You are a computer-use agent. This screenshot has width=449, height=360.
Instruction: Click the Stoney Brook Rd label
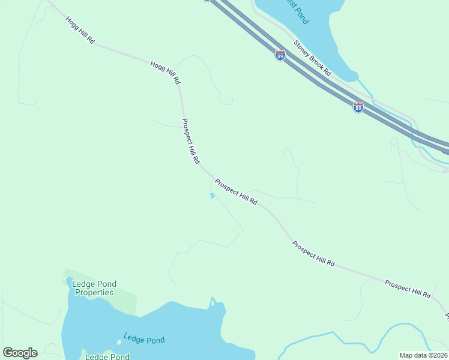click(x=312, y=58)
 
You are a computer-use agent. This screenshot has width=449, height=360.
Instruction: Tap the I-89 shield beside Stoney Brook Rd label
click(x=280, y=55)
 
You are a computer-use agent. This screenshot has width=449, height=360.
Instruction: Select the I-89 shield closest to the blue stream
click(x=358, y=107)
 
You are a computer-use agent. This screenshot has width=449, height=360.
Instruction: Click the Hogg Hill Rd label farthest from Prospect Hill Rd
click(x=80, y=30)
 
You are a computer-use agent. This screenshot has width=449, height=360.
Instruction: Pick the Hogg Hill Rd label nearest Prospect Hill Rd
click(x=166, y=72)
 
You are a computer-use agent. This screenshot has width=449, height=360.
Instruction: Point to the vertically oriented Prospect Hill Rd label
click(x=190, y=141)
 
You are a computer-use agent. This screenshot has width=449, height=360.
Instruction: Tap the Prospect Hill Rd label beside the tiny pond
click(x=236, y=192)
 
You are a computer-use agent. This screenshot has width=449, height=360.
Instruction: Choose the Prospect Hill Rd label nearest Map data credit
click(x=408, y=290)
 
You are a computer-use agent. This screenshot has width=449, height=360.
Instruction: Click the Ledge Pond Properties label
click(x=94, y=288)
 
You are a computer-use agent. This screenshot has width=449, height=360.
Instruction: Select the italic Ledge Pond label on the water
click(x=144, y=339)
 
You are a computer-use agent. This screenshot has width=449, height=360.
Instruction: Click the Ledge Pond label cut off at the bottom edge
click(x=107, y=356)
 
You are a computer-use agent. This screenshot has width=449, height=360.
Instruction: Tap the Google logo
click(x=20, y=353)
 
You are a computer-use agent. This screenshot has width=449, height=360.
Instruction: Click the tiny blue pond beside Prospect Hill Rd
click(x=212, y=196)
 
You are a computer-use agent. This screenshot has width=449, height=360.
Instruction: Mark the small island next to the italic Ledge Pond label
click(x=119, y=343)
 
